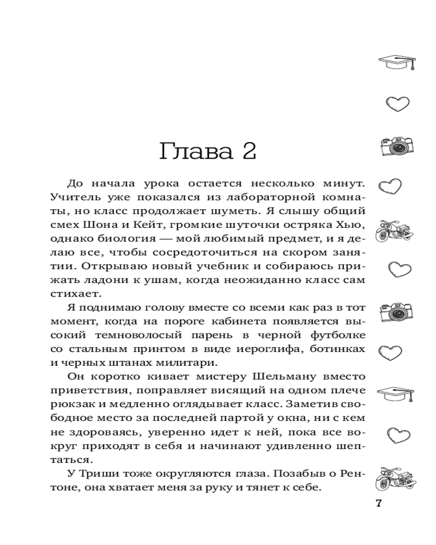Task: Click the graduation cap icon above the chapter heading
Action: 396,62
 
